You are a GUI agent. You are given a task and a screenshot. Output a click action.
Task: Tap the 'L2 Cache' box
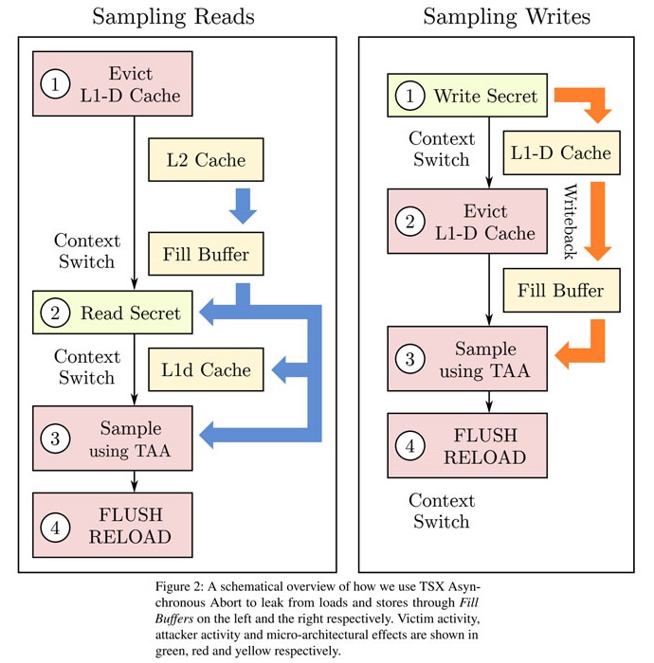point(206,160)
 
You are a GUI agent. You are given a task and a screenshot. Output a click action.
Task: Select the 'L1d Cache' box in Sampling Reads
point(206,369)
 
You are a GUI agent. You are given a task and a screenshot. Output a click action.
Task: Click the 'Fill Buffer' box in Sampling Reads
point(206,256)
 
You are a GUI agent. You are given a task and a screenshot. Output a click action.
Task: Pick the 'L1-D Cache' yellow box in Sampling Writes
point(559,152)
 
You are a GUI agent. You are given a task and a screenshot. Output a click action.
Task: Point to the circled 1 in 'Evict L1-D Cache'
point(56,85)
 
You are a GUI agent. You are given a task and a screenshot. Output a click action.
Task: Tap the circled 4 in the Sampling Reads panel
point(56,528)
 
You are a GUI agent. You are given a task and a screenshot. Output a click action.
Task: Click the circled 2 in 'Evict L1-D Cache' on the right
point(409,223)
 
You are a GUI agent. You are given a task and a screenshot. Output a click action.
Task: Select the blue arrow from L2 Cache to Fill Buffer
point(244,205)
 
